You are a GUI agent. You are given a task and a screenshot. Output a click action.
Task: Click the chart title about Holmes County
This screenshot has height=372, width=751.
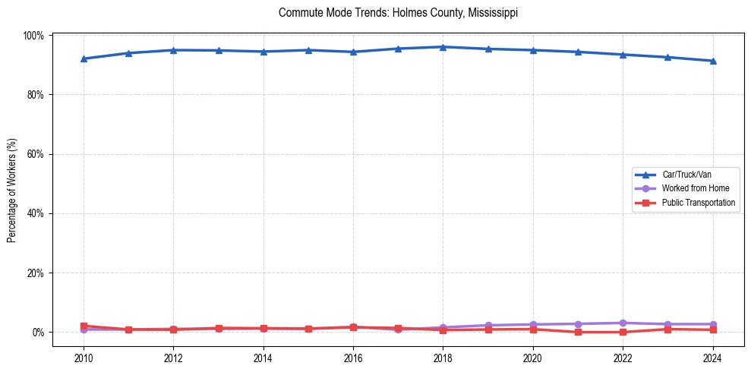coord(399,13)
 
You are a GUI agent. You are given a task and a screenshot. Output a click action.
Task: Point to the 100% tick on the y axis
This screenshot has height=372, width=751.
coord(34,36)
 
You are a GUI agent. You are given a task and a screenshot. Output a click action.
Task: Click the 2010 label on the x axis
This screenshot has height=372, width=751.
coord(84,358)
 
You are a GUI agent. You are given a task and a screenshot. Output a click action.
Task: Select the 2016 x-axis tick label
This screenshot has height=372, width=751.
coord(353,358)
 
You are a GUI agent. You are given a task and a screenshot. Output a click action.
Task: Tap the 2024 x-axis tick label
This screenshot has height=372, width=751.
coord(712,358)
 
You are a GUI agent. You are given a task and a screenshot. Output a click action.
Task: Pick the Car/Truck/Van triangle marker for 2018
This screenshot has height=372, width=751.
coord(443,47)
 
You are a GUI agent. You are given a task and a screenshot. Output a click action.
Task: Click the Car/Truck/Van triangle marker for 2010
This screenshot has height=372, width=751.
coord(84,58)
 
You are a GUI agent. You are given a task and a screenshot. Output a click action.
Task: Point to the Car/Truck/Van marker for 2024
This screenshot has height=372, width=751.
coord(712,61)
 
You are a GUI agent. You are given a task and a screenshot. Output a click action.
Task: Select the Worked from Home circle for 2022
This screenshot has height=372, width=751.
coord(623,323)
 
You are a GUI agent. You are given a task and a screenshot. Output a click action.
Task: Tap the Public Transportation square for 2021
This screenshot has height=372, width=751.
coord(578,332)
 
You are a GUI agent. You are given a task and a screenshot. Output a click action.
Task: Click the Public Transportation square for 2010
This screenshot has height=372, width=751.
coord(84,326)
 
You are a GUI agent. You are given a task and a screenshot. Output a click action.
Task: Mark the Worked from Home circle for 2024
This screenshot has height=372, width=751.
coord(712,324)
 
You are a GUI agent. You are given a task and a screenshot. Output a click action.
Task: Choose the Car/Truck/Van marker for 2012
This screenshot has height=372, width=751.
coord(173,50)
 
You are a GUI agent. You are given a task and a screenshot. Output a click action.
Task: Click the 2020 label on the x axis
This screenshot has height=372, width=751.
coord(532,358)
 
